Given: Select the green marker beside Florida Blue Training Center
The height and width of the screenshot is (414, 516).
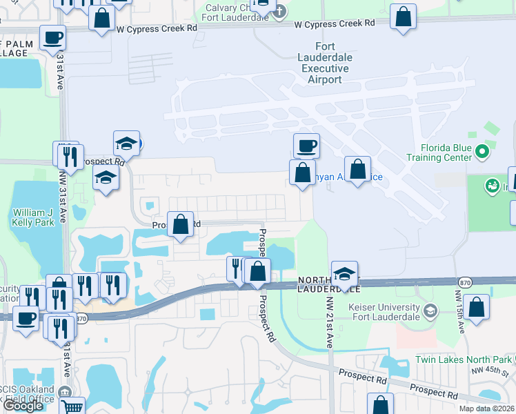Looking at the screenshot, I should click(483, 150).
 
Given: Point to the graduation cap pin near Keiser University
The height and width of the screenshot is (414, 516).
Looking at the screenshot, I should click(344, 273).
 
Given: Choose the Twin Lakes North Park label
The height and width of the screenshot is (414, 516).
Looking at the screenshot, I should click(464, 360).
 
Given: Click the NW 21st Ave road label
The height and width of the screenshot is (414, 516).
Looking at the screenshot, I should click(330, 323).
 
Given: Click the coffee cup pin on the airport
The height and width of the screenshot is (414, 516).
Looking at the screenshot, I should click(306, 146).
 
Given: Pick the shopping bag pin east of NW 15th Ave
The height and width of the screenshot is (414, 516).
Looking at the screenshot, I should click(477, 308).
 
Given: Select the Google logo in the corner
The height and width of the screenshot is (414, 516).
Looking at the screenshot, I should click(23, 406).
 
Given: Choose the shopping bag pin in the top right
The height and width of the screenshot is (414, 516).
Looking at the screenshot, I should click(403, 17).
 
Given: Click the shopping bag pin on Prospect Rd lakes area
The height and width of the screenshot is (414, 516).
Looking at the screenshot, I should click(180, 224).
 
